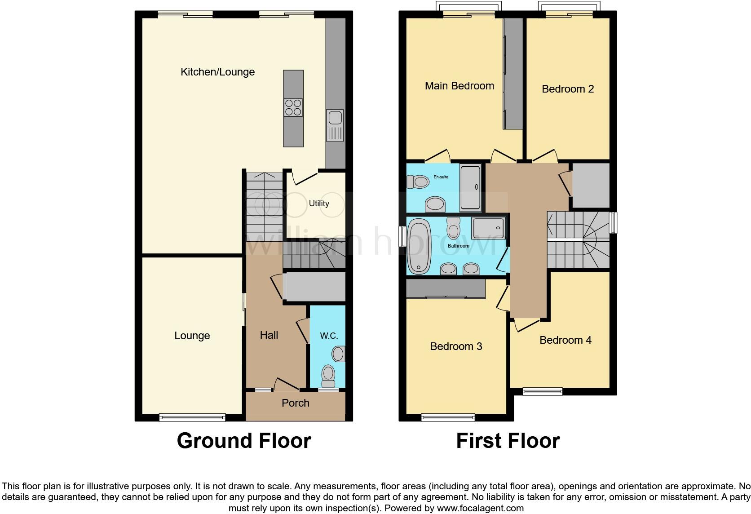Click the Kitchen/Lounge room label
point(217,72)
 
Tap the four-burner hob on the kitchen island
point(293,107)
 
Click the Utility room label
point(319,204)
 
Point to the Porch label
point(295,403)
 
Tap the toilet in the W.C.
point(328,376)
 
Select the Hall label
point(269,335)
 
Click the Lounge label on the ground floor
point(192,336)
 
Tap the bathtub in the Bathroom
point(419,246)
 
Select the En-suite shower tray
point(470,188)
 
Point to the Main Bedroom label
point(459,86)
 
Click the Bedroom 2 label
point(567,89)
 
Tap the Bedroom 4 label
point(565,340)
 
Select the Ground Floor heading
point(244,441)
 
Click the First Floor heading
point(508,441)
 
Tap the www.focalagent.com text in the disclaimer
point(480,509)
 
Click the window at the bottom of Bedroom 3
point(448,418)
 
